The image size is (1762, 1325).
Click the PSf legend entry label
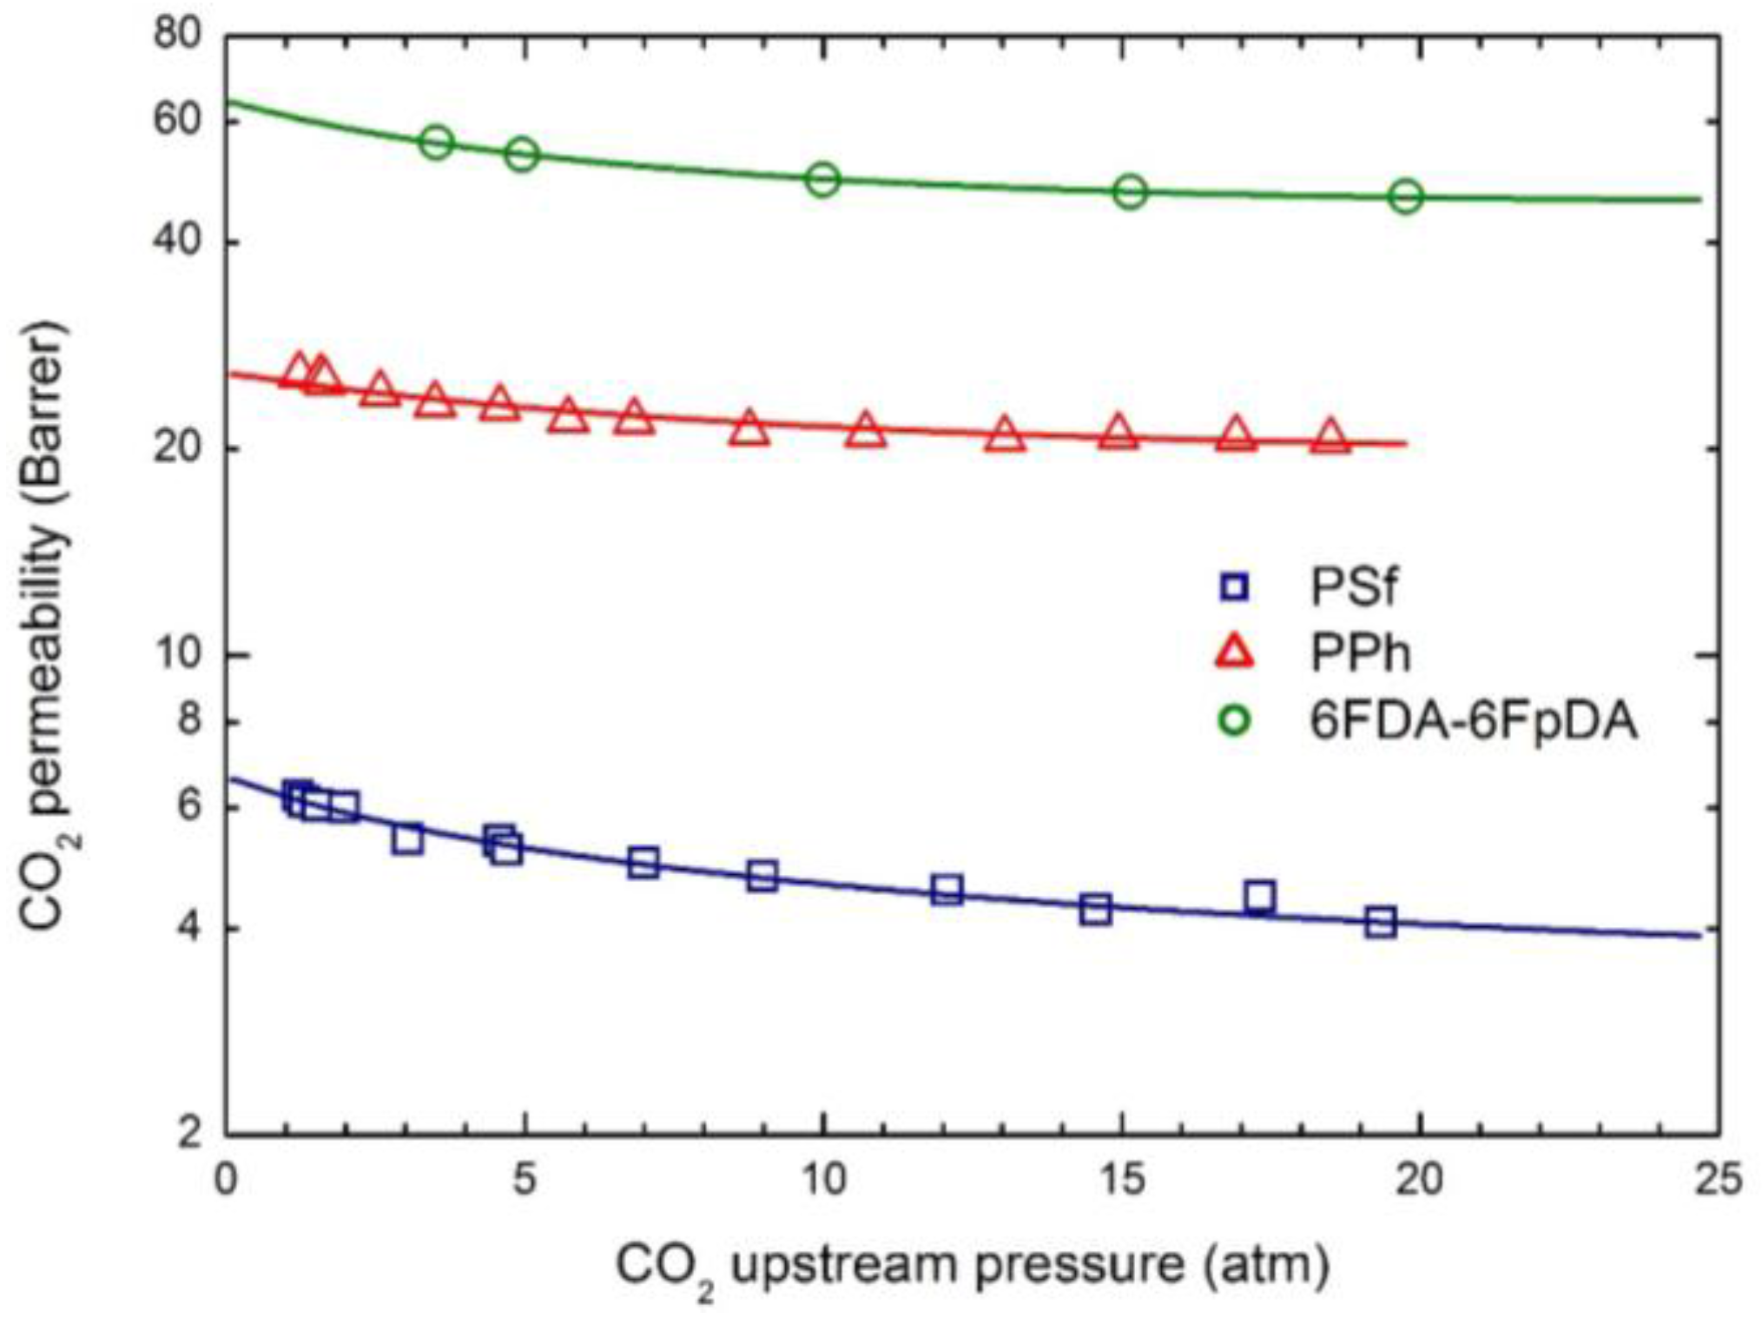click(1353, 587)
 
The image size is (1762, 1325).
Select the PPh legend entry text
click(1359, 653)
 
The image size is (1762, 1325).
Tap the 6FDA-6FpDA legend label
click(1473, 721)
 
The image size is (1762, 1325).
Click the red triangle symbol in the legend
click(1234, 653)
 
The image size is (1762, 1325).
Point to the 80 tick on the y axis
click(177, 35)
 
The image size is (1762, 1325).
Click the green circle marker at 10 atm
click(822, 180)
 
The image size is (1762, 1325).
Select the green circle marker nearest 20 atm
click(1406, 196)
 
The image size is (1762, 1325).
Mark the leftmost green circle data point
click(437, 142)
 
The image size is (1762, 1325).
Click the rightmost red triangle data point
click(1330, 437)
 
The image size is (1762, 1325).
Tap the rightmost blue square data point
click(1380, 922)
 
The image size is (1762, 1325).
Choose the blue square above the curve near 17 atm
click(1259, 896)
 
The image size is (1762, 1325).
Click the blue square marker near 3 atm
click(406, 839)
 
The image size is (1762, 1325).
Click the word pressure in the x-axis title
click(1079, 1265)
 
